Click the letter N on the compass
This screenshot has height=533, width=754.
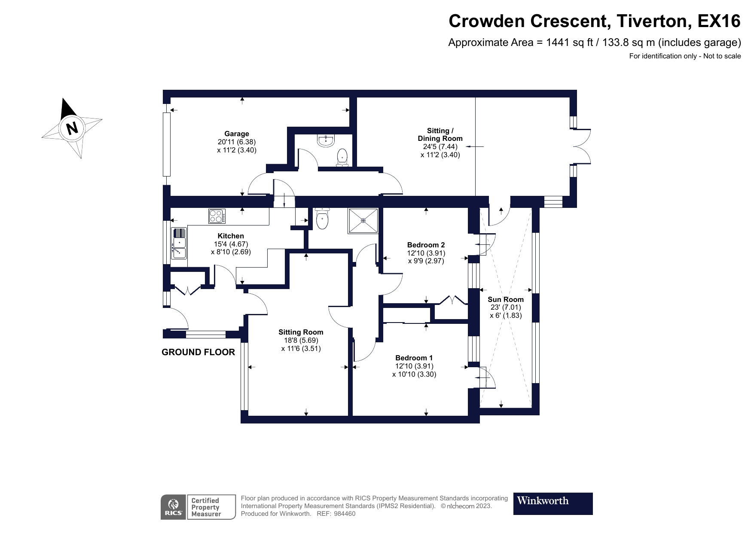point(72,128)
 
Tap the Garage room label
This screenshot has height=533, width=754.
point(236,134)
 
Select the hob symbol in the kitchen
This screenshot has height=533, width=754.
point(217,216)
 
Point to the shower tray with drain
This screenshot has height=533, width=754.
point(363,221)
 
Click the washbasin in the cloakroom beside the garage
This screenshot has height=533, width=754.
point(326,141)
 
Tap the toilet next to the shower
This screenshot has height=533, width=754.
point(322,219)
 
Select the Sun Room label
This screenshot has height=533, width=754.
point(506,299)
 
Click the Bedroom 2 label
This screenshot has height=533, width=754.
point(426,245)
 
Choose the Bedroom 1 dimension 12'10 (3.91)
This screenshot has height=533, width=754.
point(414,366)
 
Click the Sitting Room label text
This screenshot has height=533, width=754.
point(301,332)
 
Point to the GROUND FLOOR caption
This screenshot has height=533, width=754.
point(198,352)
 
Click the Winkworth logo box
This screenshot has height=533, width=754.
point(553,503)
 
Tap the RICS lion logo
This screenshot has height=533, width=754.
point(173,507)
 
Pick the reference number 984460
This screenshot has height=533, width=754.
point(345,513)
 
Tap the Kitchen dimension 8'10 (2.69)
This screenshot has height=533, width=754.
point(231,252)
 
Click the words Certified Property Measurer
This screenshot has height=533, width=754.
point(206,507)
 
